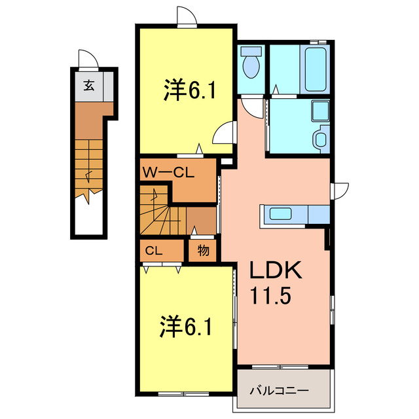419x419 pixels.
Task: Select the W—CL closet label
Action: [167, 173]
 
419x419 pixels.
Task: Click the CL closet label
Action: [153, 249]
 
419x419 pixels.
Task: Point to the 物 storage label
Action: [203, 249]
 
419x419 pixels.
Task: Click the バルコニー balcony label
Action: [279, 392]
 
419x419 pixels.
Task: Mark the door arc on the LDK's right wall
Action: [340, 191]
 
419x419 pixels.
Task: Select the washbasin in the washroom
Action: [320, 139]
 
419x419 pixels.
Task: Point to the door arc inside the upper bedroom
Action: [223, 134]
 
